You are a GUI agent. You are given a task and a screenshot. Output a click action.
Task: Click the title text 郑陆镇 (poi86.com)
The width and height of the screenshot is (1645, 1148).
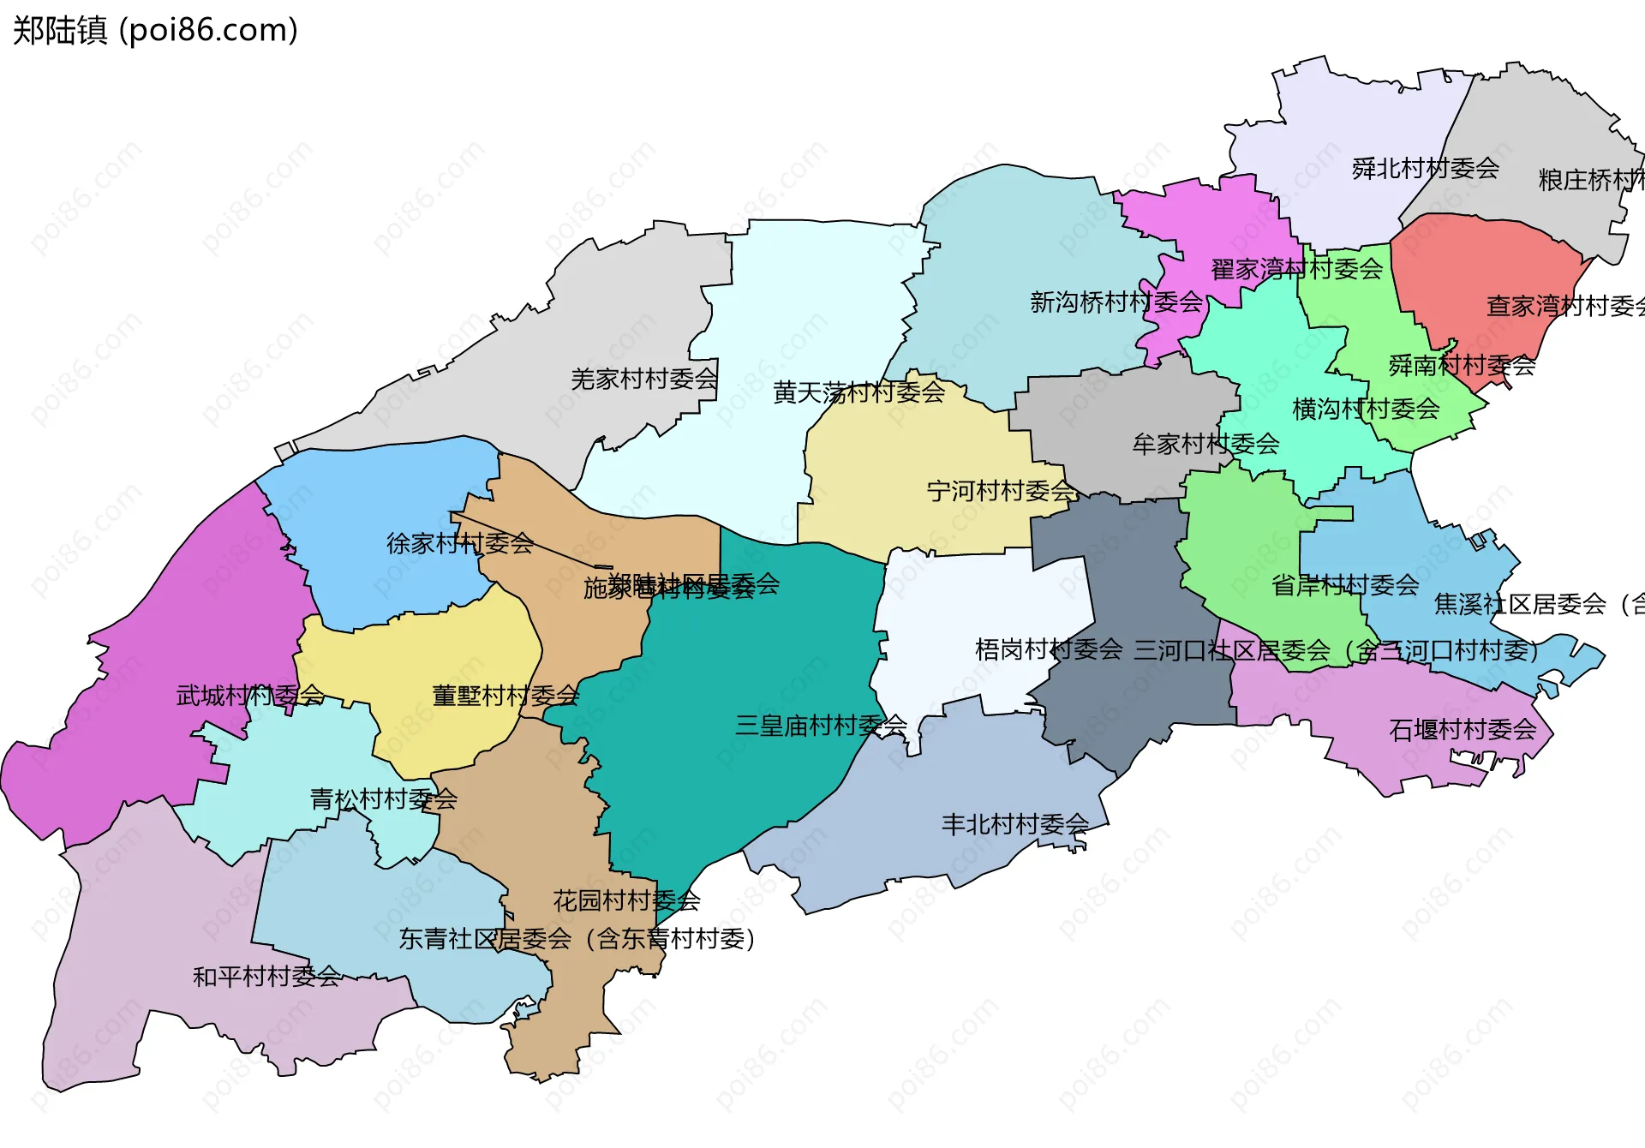tap(155, 30)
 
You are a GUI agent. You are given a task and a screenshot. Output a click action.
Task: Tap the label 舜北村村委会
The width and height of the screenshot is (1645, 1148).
tap(1425, 169)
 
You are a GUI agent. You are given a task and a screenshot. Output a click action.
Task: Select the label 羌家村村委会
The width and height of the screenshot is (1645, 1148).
tap(643, 379)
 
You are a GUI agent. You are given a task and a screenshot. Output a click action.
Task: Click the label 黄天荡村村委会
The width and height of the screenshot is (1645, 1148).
tap(858, 392)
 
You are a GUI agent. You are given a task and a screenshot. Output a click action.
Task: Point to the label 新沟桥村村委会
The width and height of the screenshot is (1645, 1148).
tap(1116, 302)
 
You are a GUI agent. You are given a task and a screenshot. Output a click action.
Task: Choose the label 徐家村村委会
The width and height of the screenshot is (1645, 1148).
tap(459, 543)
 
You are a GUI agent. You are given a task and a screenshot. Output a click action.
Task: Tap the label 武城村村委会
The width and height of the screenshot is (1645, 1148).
tap(249, 695)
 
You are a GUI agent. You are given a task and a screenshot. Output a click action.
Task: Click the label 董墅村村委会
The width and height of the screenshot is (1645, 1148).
tap(505, 695)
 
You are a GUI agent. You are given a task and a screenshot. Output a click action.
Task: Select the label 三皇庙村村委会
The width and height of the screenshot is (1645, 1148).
tap(821, 726)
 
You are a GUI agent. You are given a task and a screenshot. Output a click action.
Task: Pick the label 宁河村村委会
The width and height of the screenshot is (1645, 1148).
tap(1001, 491)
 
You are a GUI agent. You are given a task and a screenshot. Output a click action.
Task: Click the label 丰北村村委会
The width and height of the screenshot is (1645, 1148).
tap(1014, 824)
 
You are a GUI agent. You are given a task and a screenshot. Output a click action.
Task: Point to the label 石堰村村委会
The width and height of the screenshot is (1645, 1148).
tap(1462, 730)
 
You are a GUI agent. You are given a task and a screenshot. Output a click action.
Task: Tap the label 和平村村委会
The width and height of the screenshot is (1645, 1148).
tap(266, 976)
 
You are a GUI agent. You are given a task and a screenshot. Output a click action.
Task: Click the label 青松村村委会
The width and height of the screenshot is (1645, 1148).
tap(383, 799)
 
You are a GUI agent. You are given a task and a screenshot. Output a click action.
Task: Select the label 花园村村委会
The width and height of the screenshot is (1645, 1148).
tap(626, 900)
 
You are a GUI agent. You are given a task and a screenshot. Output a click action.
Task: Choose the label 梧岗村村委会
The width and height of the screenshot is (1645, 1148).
tap(1048, 649)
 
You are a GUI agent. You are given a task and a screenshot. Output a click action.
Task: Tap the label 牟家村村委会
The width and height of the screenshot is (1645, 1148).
tap(1205, 444)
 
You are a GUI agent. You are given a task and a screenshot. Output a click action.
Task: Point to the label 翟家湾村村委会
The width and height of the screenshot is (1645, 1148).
tap(1296, 269)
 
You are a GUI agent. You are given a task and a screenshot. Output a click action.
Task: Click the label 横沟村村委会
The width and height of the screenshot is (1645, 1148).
tap(1365, 409)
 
